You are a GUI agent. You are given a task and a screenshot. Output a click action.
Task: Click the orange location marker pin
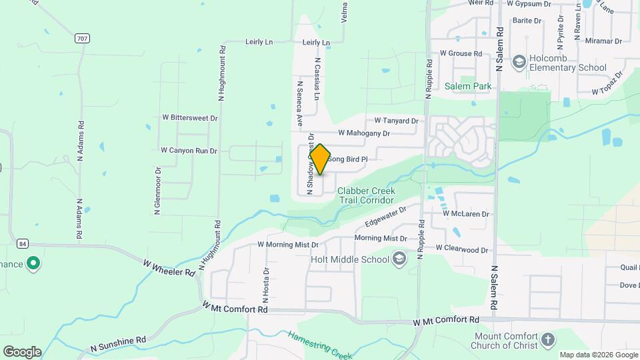[320, 159]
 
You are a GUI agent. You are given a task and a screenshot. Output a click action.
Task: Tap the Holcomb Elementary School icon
[519, 62]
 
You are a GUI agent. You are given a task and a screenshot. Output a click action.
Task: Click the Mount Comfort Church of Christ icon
[547, 340]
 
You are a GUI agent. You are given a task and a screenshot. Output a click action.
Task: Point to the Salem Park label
[468, 86]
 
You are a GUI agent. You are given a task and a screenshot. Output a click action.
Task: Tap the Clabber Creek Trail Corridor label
[366, 195]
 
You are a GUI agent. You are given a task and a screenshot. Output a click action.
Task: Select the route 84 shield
[23, 244]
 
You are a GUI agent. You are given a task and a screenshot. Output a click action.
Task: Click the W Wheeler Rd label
[169, 268]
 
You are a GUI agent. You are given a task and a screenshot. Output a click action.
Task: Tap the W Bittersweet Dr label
[190, 117]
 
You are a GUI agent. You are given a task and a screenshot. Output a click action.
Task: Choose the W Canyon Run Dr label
[189, 151]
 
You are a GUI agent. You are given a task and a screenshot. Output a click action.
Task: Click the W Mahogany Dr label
[363, 133]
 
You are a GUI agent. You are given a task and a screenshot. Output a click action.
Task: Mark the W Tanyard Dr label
[396, 121]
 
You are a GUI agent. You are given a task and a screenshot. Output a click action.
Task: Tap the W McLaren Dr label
[466, 214]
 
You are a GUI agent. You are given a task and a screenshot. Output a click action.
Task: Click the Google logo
[22, 352]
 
